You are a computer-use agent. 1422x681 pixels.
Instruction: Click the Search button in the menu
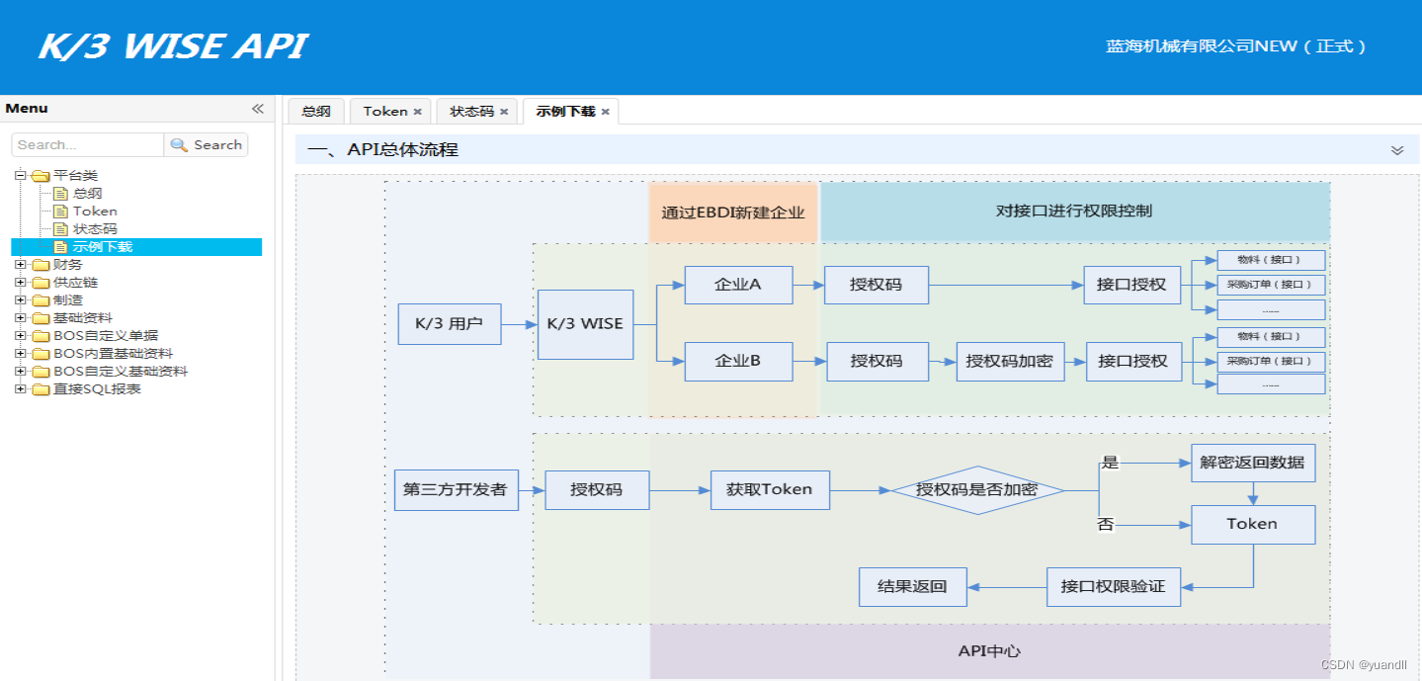pyautogui.click(x=207, y=145)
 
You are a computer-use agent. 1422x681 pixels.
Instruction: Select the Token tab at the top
pyautogui.click(x=384, y=112)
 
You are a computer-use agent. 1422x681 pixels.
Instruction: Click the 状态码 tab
pyautogui.click(x=471, y=112)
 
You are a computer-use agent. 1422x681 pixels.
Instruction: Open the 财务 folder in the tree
pyautogui.click(x=67, y=265)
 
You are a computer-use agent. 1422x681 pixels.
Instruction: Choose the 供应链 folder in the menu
pyautogui.click(x=74, y=283)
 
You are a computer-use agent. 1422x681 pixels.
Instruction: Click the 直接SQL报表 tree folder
pyautogui.click(x=96, y=389)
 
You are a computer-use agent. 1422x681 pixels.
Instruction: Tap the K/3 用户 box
pyautogui.click(x=449, y=324)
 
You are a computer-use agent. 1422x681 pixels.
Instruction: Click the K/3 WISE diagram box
pyautogui.click(x=585, y=324)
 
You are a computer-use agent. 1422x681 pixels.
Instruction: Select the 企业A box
pyautogui.click(x=738, y=285)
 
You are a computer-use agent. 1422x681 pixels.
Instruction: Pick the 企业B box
pyautogui.click(x=738, y=362)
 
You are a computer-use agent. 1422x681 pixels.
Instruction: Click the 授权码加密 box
pyautogui.click(x=1009, y=362)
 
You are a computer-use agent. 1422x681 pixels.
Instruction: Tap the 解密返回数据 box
pyautogui.click(x=1252, y=463)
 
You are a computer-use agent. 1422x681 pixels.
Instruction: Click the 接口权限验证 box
pyautogui.click(x=1113, y=587)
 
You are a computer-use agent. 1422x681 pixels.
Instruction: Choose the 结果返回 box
pyautogui.click(x=912, y=587)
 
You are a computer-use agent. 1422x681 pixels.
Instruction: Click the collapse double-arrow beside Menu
pyautogui.click(x=257, y=109)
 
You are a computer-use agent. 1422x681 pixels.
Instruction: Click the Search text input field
pyautogui.click(x=87, y=145)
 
